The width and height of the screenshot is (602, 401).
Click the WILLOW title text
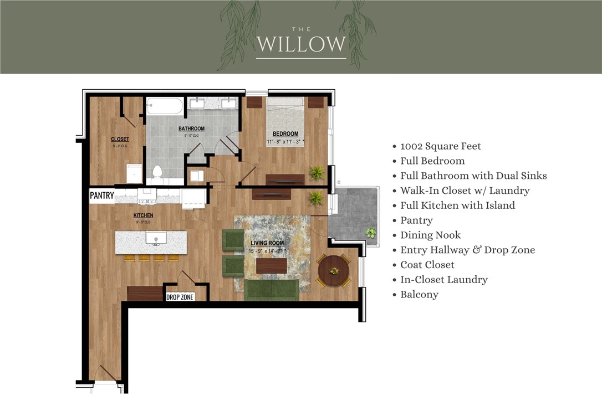(x=301, y=44)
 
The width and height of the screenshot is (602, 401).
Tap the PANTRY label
(x=102, y=196)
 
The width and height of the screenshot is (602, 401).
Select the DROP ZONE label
(x=180, y=297)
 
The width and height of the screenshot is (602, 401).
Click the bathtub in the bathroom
(x=165, y=106)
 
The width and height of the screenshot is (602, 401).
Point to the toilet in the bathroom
(x=157, y=174)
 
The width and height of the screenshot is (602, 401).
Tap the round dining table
(x=333, y=270)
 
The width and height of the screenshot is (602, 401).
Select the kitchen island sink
(x=156, y=239)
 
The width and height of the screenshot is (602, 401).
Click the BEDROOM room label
(x=285, y=133)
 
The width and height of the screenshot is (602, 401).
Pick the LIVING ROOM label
(x=267, y=243)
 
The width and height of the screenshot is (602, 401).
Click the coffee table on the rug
(x=272, y=266)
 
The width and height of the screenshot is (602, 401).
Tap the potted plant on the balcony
(x=370, y=233)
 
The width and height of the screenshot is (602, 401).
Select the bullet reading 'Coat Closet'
(x=427, y=265)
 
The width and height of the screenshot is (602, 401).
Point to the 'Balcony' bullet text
(x=419, y=295)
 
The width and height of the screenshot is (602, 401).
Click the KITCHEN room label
(x=143, y=215)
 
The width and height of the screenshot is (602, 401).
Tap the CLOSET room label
(x=120, y=139)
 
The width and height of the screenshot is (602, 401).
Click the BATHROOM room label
(x=191, y=128)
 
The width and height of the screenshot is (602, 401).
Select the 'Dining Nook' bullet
(x=430, y=235)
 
